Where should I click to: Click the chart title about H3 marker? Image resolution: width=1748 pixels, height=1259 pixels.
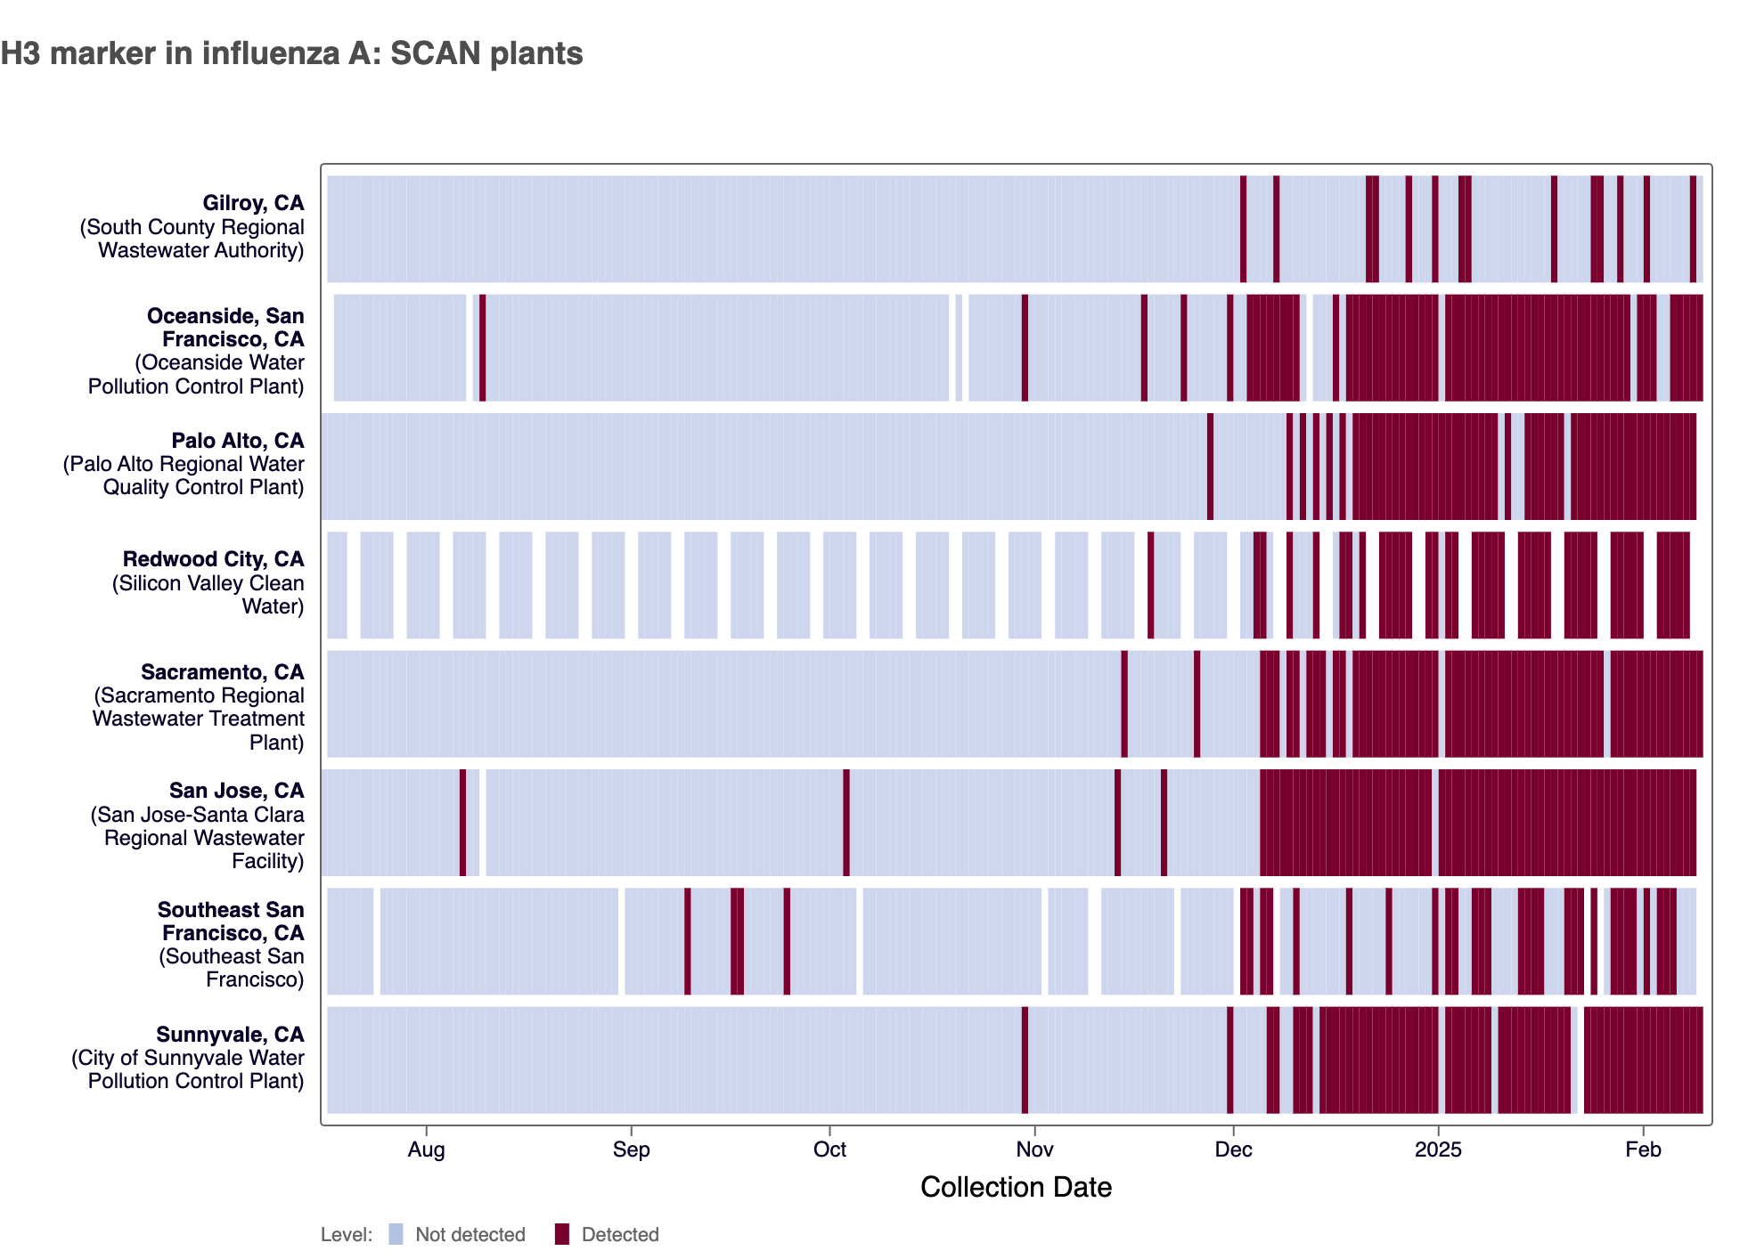point(291,53)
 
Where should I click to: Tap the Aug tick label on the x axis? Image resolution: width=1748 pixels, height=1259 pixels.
point(426,1149)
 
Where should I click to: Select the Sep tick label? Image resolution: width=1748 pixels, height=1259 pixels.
point(631,1149)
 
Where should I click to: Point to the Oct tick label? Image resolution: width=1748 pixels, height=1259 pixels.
point(829,1149)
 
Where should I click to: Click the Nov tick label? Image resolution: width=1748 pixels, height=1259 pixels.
point(1034,1149)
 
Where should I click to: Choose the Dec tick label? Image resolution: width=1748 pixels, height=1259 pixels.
point(1233,1149)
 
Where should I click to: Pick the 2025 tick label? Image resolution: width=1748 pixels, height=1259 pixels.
point(1438,1149)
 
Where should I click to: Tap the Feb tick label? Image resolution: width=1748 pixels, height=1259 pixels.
point(1643,1149)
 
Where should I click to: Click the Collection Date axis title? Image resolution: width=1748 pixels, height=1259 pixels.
point(1016,1187)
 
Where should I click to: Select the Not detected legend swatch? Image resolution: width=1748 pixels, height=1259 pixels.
point(396,1234)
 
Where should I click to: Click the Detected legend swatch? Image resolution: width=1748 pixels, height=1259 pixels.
point(562,1234)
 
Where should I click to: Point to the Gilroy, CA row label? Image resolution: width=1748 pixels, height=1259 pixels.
point(253,204)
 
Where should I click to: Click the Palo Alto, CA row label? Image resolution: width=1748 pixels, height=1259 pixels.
point(237,441)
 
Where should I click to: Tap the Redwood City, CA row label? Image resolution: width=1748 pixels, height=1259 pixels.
point(213,559)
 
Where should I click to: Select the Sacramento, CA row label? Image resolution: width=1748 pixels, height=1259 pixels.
point(222,672)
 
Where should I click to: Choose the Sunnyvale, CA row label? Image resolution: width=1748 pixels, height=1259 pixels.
point(230,1035)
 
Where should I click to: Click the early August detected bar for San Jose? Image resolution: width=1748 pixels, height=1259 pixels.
point(462,823)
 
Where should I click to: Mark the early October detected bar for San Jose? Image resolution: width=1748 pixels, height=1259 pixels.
point(846,823)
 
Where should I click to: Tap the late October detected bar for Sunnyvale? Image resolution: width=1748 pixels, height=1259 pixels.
point(1025,1060)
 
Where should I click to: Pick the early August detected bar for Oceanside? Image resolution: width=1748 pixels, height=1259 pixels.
point(482,347)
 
